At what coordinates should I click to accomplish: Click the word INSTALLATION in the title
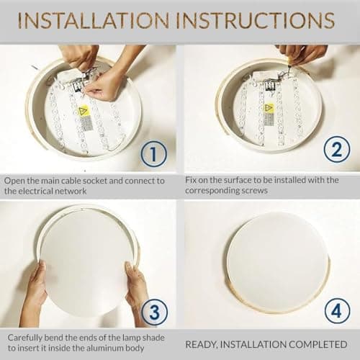click(94, 21)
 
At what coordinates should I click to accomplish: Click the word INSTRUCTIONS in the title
click(255, 21)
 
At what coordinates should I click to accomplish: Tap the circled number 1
click(153, 154)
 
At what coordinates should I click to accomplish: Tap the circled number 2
click(337, 150)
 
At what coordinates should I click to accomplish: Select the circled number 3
click(154, 312)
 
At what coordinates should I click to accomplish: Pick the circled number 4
click(336, 311)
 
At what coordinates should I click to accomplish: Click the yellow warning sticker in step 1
click(84, 111)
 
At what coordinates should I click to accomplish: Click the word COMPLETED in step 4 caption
click(318, 345)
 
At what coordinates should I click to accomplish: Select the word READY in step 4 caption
click(201, 345)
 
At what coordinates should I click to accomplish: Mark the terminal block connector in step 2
click(270, 86)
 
